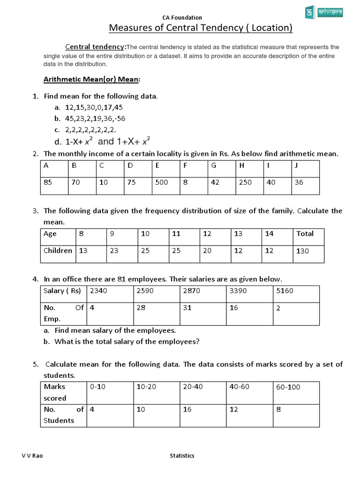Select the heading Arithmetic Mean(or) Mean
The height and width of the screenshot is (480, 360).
91,80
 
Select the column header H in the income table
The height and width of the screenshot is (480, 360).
241,165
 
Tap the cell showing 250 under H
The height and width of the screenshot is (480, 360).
245,182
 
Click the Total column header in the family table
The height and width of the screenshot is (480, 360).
305,233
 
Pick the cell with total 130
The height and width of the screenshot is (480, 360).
303,251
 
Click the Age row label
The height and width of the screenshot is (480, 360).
50,233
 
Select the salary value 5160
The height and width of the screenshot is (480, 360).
285,291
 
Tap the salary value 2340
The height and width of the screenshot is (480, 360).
98,291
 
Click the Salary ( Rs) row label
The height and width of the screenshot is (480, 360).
62,291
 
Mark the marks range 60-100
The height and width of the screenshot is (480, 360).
288,387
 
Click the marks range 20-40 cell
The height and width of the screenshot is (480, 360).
194,387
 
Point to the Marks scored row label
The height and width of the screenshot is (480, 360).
55,392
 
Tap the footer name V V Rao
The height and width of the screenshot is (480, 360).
30,456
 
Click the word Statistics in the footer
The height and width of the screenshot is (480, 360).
182,456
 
